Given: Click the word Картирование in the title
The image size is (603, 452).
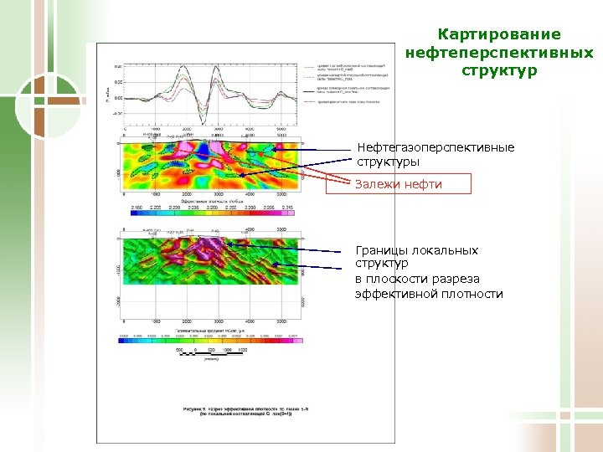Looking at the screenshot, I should tap(498, 34).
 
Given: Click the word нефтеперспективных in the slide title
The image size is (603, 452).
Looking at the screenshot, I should tap(498, 53).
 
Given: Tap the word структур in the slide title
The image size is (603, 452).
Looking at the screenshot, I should tap(498, 70).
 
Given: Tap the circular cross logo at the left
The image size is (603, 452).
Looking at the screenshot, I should tap(34, 105).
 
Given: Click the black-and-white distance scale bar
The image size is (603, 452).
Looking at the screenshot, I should tap(213, 356).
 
